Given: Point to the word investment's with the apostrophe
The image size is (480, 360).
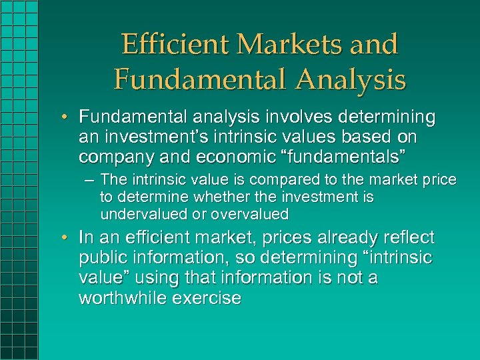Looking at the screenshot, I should coord(151,137).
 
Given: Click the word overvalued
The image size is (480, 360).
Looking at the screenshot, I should coord(249,215).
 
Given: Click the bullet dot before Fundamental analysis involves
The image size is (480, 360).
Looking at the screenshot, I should coord(68,119).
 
